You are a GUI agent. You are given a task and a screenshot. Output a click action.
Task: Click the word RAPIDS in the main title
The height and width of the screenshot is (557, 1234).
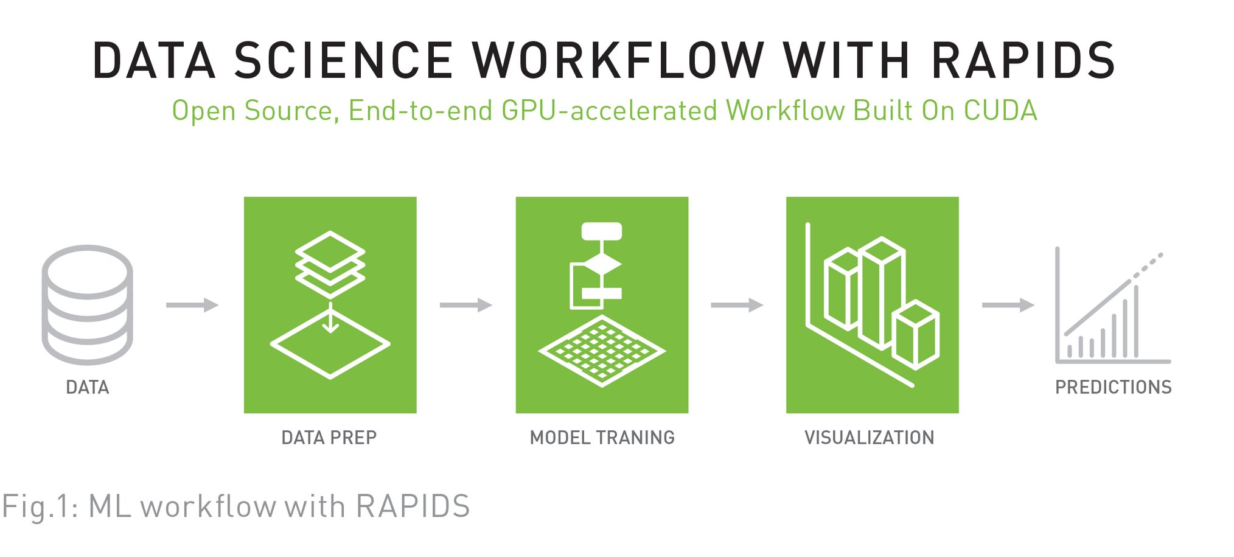tap(1023, 60)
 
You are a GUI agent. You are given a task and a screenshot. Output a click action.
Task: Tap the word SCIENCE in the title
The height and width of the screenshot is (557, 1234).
tap(344, 60)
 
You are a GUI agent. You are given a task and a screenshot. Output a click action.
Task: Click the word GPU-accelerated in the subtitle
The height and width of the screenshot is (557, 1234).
tap(609, 111)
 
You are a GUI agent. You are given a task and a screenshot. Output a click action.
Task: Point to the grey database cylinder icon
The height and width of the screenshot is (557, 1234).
tap(87, 304)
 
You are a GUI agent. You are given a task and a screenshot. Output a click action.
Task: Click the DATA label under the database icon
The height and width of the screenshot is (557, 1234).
tap(87, 387)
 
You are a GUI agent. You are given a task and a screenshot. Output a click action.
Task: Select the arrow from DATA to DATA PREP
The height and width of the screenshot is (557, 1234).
tap(192, 304)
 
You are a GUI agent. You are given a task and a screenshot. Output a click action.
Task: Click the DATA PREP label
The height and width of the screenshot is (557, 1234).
tap(329, 438)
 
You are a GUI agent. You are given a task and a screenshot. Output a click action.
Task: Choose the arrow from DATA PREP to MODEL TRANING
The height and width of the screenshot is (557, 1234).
tap(465, 304)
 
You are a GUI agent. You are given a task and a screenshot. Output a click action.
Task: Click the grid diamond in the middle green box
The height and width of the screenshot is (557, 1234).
tap(602, 351)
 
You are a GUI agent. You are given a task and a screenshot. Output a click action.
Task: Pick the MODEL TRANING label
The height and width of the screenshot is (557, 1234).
tap(602, 438)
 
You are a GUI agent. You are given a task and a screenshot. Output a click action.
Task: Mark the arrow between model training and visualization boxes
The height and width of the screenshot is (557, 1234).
tap(736, 304)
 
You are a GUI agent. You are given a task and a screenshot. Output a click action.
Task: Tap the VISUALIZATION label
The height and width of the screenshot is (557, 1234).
tap(869, 438)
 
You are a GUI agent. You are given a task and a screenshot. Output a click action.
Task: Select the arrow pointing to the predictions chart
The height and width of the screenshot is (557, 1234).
tap(1008, 304)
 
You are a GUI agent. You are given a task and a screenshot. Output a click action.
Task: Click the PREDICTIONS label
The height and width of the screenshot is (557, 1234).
tap(1113, 387)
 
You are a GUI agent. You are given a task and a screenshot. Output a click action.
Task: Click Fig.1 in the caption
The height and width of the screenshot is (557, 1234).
tap(38, 506)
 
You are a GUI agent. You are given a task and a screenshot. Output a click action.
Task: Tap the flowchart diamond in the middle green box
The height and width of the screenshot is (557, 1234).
tap(602, 264)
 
